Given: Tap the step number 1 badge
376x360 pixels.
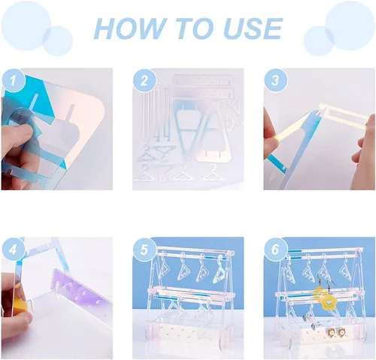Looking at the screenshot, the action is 14,80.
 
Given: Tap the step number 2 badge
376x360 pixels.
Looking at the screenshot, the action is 144,80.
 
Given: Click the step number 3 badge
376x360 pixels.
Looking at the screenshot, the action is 275,80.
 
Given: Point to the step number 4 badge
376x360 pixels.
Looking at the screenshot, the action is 14,250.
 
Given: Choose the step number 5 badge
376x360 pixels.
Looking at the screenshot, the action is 144,250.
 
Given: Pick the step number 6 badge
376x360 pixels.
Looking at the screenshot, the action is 275,250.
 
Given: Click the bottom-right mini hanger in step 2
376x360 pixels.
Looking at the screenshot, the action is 213,174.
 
